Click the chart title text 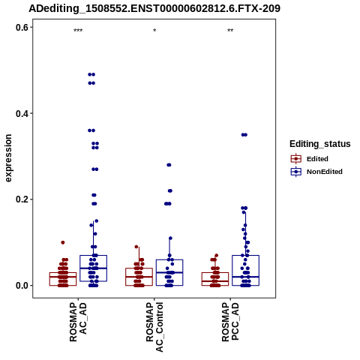154,9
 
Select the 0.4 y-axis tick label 22,113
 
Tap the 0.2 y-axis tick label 22,199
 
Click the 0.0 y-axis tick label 22,286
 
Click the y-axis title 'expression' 8,158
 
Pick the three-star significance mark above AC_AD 78,31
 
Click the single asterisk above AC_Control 154,31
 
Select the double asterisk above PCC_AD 230,31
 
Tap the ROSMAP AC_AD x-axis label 78,322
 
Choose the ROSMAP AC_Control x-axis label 154,327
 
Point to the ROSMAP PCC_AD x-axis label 230,322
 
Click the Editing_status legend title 320,144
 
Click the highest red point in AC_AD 63,242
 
